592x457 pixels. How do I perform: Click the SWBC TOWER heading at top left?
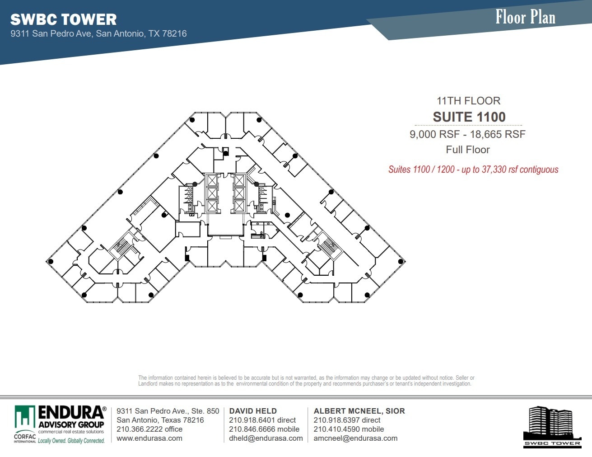[x=63, y=19]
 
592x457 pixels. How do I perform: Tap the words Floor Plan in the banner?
[x=525, y=17]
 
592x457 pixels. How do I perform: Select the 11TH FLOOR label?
[x=468, y=101]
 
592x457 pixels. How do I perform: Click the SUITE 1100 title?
[x=469, y=117]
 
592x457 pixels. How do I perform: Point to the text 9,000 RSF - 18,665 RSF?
[x=467, y=134]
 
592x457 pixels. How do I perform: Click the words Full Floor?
[x=468, y=150]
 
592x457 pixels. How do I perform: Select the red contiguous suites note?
[x=473, y=170]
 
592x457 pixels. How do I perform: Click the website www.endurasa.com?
[x=149, y=438]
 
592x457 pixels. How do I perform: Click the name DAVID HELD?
[x=253, y=411]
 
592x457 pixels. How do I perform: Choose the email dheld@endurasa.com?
[x=266, y=438]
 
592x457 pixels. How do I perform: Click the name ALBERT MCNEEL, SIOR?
[x=359, y=411]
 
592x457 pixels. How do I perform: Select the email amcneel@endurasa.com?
[x=355, y=438]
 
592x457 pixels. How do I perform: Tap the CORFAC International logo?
[x=25, y=438]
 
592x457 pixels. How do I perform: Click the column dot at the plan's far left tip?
[x=51, y=262]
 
